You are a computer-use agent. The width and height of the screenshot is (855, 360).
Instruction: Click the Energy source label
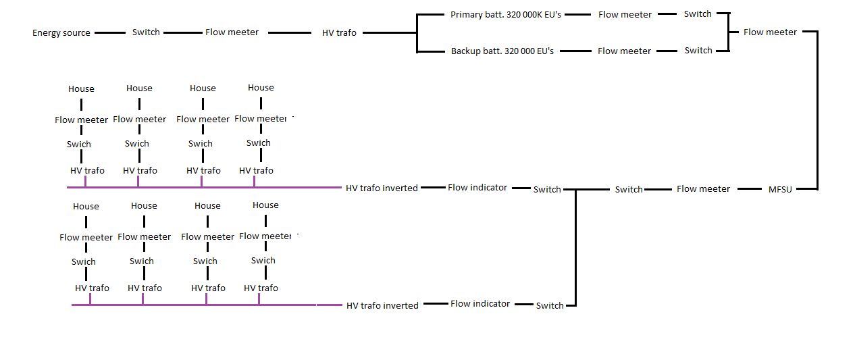pyautogui.click(x=61, y=33)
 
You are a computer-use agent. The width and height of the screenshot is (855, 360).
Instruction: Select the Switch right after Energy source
pyautogui.click(x=146, y=32)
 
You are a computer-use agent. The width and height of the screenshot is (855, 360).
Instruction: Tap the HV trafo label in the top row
pyautogui.click(x=339, y=32)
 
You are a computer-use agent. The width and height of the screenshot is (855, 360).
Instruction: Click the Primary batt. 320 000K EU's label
pyautogui.click(x=506, y=14)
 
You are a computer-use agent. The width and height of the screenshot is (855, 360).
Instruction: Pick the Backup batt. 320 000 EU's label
pyautogui.click(x=502, y=51)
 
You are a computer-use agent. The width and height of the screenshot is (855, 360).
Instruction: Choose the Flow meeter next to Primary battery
pyautogui.click(x=625, y=14)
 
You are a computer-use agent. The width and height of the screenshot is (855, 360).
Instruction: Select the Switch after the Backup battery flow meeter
pyautogui.click(x=698, y=50)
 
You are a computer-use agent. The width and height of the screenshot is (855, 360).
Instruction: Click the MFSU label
pyautogui.click(x=780, y=189)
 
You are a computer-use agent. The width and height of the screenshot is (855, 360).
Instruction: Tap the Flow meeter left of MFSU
pyautogui.click(x=703, y=189)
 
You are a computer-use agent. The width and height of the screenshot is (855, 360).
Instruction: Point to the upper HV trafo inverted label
pyautogui.click(x=382, y=188)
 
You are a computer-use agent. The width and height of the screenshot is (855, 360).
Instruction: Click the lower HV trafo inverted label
pyautogui.click(x=382, y=305)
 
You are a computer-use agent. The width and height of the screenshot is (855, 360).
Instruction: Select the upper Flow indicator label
pyautogui.click(x=477, y=187)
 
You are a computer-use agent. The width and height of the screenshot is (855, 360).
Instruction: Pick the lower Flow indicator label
pyautogui.click(x=480, y=303)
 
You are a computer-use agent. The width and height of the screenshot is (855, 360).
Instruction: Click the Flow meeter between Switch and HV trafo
pyautogui.click(x=232, y=32)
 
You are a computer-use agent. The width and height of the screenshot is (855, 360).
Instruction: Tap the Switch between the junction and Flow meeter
pyautogui.click(x=629, y=189)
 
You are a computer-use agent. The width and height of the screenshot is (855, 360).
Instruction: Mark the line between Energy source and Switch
pyautogui.click(x=110, y=32)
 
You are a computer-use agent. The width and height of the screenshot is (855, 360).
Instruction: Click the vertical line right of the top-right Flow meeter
pyautogui.click(x=817, y=108)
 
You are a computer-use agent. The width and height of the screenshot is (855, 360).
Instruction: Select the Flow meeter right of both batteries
pyautogui.click(x=770, y=32)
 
